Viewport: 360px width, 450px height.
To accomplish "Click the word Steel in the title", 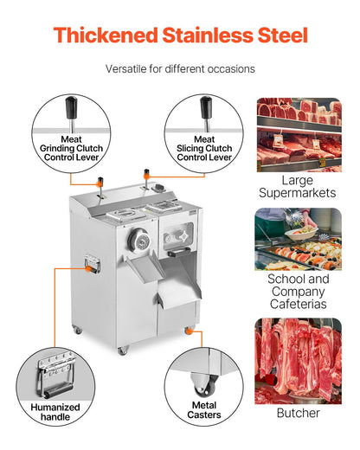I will (x=277, y=35).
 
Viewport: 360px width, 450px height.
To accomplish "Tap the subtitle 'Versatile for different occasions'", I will (x=180, y=68).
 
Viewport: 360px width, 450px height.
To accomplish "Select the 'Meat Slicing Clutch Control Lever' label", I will (x=205, y=148).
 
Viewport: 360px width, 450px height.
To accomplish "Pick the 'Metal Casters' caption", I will (x=205, y=409).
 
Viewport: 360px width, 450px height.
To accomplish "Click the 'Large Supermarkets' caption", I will (x=298, y=186).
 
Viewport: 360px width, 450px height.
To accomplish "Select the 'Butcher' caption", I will (x=298, y=414).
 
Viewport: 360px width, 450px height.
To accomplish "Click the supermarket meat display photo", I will (x=298, y=134).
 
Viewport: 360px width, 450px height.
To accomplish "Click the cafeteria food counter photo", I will (x=298, y=239).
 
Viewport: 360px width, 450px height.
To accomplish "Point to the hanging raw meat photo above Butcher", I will (x=298, y=360).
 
